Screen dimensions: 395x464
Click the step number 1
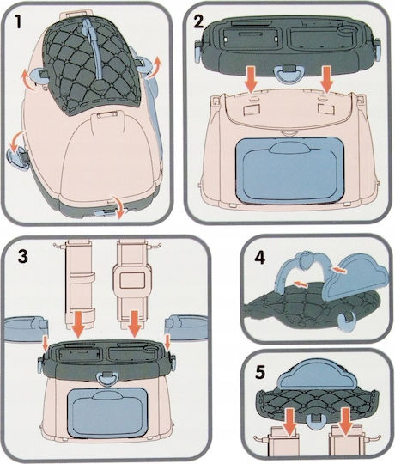pyautogui.click(x=18, y=21)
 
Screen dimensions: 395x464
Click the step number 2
pyautogui.click(x=198, y=21)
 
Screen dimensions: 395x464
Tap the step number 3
pyautogui.click(x=23, y=256)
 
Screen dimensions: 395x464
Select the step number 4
pyautogui.click(x=260, y=258)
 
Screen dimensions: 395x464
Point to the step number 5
pyautogui.click(x=260, y=372)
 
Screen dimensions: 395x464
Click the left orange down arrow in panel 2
pyautogui.click(x=252, y=79)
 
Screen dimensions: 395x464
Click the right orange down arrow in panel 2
pyautogui.click(x=327, y=79)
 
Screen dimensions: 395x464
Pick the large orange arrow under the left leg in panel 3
pyautogui.click(x=79, y=323)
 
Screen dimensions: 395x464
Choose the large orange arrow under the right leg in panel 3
pyautogui.click(x=135, y=323)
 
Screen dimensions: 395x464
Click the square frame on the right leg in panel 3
pyautogui.click(x=131, y=279)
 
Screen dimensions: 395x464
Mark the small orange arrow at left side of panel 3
pyautogui.click(x=46, y=343)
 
